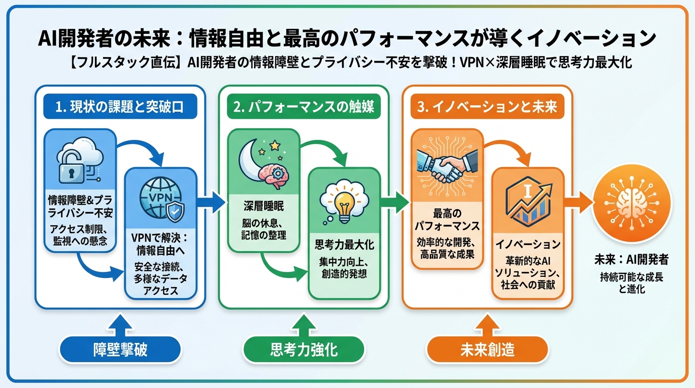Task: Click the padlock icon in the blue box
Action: [71, 169]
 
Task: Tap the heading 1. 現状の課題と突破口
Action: [120, 108]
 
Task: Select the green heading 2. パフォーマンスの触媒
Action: [304, 108]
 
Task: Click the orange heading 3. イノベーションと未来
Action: [487, 108]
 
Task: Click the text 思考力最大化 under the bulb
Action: [344, 246]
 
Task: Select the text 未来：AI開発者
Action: [631, 261]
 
